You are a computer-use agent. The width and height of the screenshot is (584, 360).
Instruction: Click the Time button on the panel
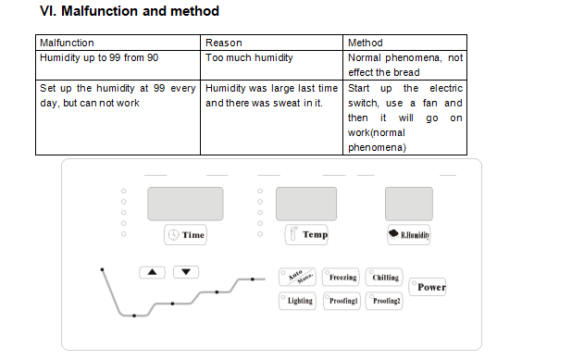point(185,234)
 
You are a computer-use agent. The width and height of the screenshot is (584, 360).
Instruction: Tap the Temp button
point(306,234)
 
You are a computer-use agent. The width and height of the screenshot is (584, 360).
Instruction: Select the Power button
point(428,287)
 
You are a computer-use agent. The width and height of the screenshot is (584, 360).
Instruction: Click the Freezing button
point(341,277)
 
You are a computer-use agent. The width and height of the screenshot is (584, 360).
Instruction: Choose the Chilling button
point(384,277)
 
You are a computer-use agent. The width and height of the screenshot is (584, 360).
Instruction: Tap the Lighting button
point(297,301)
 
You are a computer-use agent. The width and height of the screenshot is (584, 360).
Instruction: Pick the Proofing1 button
point(342,301)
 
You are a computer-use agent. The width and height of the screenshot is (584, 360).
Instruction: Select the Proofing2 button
point(384,301)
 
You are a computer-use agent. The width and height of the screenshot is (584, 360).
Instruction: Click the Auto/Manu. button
point(297,277)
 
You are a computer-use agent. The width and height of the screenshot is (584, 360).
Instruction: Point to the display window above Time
point(185,204)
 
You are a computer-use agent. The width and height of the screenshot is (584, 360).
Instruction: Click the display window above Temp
point(306,204)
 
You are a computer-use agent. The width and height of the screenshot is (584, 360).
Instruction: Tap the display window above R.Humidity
point(409,204)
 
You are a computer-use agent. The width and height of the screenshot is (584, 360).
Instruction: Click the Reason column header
point(224,43)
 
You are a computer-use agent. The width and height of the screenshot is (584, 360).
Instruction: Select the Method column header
point(366,43)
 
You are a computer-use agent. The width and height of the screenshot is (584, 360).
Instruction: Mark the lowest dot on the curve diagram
point(134,316)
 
